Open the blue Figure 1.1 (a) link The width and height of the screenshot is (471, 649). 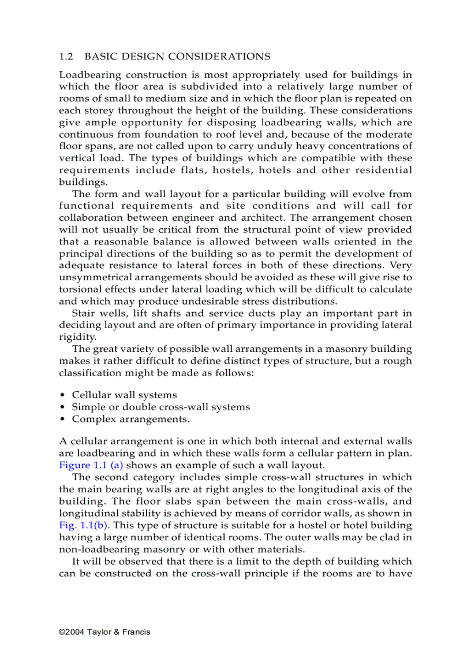pos(91,465)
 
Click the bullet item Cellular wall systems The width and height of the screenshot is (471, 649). pos(124,395)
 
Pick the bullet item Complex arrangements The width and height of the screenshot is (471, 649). pos(130,420)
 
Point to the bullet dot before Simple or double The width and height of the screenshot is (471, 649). pos(62,407)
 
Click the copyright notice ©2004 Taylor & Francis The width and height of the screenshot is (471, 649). pos(104,632)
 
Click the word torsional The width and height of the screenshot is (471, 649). pos(80,290)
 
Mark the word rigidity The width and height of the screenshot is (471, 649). pos(77,338)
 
